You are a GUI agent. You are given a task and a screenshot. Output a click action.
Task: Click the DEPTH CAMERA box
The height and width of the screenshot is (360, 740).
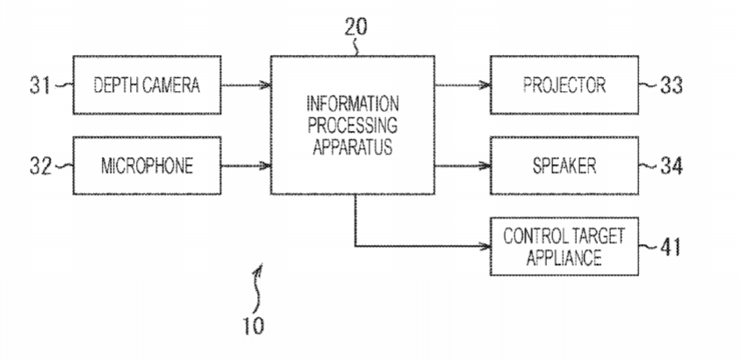(x=147, y=85)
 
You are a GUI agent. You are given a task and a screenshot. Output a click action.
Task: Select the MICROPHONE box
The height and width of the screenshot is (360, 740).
(x=147, y=165)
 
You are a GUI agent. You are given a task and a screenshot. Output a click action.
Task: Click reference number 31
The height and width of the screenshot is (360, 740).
(x=40, y=85)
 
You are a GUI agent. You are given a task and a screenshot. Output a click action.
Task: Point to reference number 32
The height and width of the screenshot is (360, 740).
(x=40, y=165)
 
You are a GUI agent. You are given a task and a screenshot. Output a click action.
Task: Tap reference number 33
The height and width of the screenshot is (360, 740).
(x=672, y=85)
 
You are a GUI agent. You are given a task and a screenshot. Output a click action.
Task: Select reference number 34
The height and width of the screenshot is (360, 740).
(x=672, y=165)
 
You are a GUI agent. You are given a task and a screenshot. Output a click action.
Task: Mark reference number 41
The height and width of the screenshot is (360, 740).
(x=672, y=247)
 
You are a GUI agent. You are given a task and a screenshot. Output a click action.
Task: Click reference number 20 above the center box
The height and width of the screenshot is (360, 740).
(x=356, y=26)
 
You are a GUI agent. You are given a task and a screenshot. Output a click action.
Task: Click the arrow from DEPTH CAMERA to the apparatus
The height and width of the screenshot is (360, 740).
(x=246, y=85)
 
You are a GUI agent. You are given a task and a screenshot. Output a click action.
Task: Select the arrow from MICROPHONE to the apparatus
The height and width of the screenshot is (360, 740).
(x=246, y=165)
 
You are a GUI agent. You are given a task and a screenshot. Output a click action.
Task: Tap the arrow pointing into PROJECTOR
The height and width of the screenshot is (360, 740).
(x=462, y=85)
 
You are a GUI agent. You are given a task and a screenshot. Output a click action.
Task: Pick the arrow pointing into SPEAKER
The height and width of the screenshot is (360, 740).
(x=462, y=165)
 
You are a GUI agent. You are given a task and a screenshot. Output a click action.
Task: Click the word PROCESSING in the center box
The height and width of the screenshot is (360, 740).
(x=352, y=129)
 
